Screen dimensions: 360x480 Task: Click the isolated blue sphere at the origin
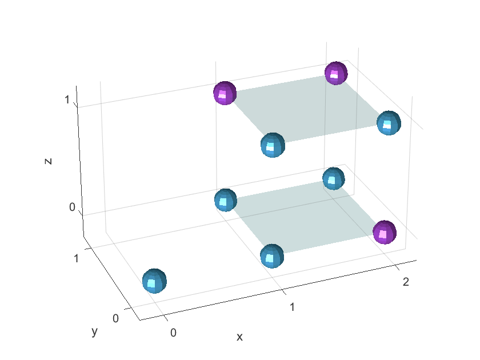click(x=154, y=281)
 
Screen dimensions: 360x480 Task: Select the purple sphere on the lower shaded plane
click(x=385, y=232)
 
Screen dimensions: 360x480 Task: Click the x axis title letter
click(x=240, y=337)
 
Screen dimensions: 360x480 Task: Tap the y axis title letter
click(x=94, y=331)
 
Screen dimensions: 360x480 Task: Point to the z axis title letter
click(x=49, y=161)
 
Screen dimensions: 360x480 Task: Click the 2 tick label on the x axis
click(x=406, y=281)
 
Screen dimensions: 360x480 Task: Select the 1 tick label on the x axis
click(x=292, y=307)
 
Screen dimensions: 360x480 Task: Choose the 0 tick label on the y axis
click(x=116, y=318)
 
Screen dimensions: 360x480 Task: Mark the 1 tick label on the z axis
click(x=67, y=100)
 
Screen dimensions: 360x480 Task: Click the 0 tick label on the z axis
click(x=73, y=207)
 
